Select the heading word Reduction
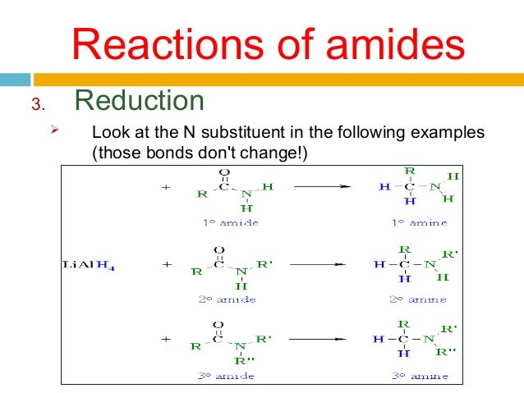coord(139,100)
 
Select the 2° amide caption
coord(228,299)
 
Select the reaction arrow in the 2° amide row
coord(315,265)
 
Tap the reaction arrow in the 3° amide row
coord(315,338)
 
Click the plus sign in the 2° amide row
coord(166,265)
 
